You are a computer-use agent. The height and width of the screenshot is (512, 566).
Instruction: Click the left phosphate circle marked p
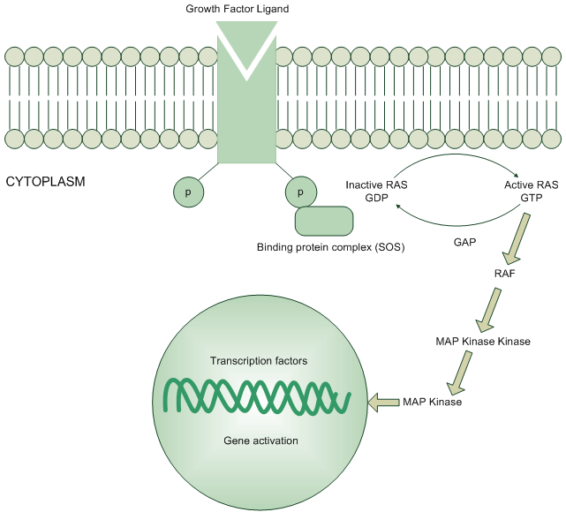point(187,192)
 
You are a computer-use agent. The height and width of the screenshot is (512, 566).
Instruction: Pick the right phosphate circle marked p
point(300,192)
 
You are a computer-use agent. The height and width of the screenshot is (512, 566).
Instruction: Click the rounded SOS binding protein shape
point(323,221)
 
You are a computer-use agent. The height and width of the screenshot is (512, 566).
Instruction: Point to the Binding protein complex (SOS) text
point(330,247)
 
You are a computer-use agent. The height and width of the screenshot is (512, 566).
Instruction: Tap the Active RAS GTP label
point(530,192)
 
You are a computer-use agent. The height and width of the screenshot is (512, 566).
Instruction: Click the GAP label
point(465,240)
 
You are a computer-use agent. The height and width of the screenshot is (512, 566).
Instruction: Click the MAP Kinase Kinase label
point(483,341)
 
